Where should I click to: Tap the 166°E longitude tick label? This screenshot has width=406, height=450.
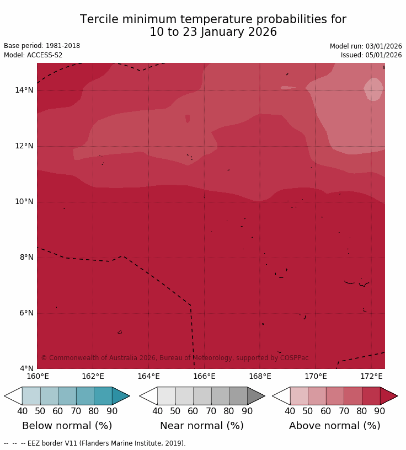[204, 377]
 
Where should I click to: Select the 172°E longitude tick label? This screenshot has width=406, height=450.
[371, 377]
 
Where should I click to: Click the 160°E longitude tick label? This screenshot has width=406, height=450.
[38, 377]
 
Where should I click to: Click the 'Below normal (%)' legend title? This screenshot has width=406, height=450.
[67, 426]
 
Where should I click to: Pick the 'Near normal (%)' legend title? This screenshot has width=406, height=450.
[202, 426]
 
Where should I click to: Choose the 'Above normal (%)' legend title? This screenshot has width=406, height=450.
[334, 426]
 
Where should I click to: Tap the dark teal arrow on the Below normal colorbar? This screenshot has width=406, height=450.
[120, 396]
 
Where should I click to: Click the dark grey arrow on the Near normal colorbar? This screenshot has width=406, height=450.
[255, 396]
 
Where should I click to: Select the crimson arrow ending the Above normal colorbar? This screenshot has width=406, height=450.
[388, 396]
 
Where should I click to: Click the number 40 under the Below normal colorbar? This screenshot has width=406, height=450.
[22, 411]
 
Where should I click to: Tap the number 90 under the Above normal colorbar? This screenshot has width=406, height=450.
[380, 411]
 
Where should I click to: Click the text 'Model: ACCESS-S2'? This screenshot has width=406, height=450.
[33, 55]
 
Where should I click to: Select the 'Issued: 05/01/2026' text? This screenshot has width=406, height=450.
[371, 55]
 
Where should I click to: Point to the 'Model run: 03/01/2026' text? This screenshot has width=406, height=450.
[366, 46]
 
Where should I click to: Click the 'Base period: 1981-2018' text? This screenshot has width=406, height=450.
[42, 46]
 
